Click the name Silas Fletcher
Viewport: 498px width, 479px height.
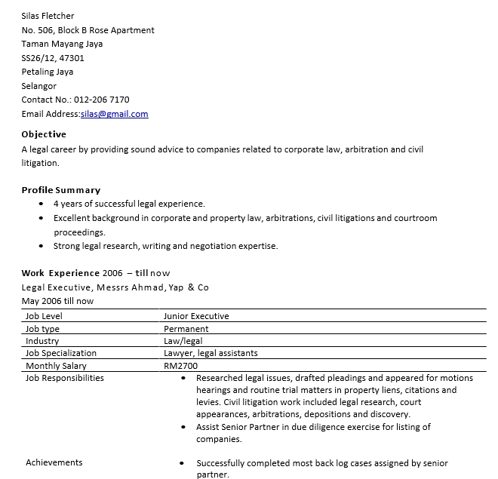(48, 16)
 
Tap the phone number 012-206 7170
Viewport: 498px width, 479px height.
(101, 100)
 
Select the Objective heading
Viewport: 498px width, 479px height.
(44, 134)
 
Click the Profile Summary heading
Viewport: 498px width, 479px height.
(60, 190)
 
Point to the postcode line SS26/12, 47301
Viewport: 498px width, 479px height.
(53, 58)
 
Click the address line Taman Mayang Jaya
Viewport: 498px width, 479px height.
(62, 44)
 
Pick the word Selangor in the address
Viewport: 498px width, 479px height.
(38, 86)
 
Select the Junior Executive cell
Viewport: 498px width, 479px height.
(196, 316)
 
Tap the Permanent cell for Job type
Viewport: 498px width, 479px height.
(186, 329)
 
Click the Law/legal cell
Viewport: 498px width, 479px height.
(183, 341)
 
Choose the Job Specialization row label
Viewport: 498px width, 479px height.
(61, 353)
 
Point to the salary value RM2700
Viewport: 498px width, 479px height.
(180, 366)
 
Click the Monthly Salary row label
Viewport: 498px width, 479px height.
(56, 366)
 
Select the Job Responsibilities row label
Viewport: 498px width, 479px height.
(65, 378)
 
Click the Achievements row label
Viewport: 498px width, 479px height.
(54, 462)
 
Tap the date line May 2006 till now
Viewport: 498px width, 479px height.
(57, 301)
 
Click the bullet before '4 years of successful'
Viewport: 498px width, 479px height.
(41, 204)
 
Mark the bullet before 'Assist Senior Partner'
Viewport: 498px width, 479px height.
(184, 427)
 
